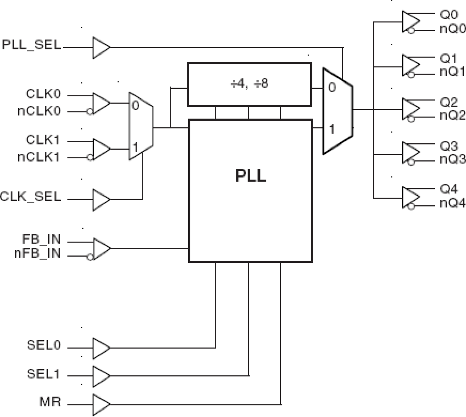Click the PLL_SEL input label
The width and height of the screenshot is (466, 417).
[x=32, y=45]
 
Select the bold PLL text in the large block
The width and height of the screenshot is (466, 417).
[x=250, y=175]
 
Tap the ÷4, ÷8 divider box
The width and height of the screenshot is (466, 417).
[x=249, y=84]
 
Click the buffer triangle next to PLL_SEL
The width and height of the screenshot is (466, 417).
[x=100, y=48]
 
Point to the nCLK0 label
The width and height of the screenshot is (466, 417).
[x=39, y=111]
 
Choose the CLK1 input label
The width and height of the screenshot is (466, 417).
[x=43, y=140]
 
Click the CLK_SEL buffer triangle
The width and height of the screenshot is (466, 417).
[x=100, y=200]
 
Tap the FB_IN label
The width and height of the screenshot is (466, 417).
[x=41, y=239]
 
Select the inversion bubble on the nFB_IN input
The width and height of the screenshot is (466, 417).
[x=89, y=257]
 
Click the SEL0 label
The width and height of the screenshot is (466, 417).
[x=43, y=345]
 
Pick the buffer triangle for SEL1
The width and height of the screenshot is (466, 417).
[x=100, y=376]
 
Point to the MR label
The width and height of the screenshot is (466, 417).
[x=50, y=402]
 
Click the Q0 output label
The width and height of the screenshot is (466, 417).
[x=449, y=15]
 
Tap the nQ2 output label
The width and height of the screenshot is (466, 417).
[x=452, y=115]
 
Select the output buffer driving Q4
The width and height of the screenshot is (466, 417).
[x=410, y=197]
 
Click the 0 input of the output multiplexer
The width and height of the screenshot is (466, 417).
[x=332, y=87]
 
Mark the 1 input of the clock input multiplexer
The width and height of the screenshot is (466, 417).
[x=135, y=147]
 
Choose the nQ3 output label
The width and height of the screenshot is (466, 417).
[x=452, y=159]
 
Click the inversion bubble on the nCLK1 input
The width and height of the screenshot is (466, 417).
[x=89, y=157]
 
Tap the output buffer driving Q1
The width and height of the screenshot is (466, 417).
[x=410, y=66]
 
